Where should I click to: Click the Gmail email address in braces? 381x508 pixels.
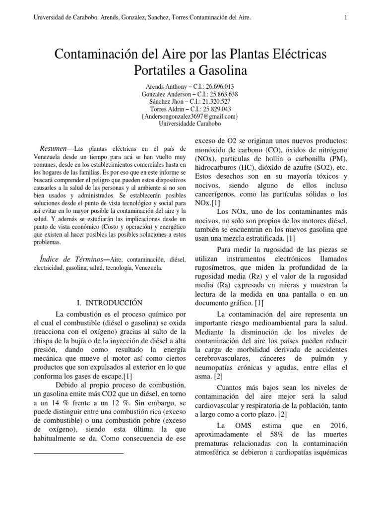(190, 116)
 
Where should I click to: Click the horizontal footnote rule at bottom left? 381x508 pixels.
(78, 453)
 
